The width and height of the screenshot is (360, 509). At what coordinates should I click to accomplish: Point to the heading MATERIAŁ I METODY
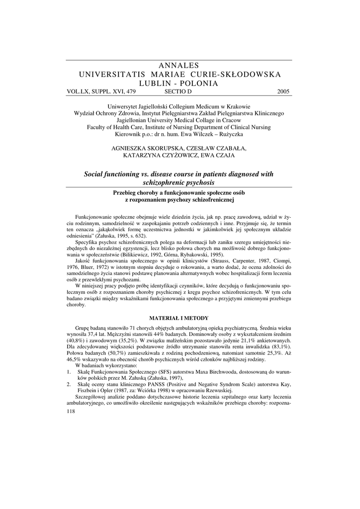point(180,318)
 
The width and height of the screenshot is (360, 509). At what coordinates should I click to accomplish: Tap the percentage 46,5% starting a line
point(73,359)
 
